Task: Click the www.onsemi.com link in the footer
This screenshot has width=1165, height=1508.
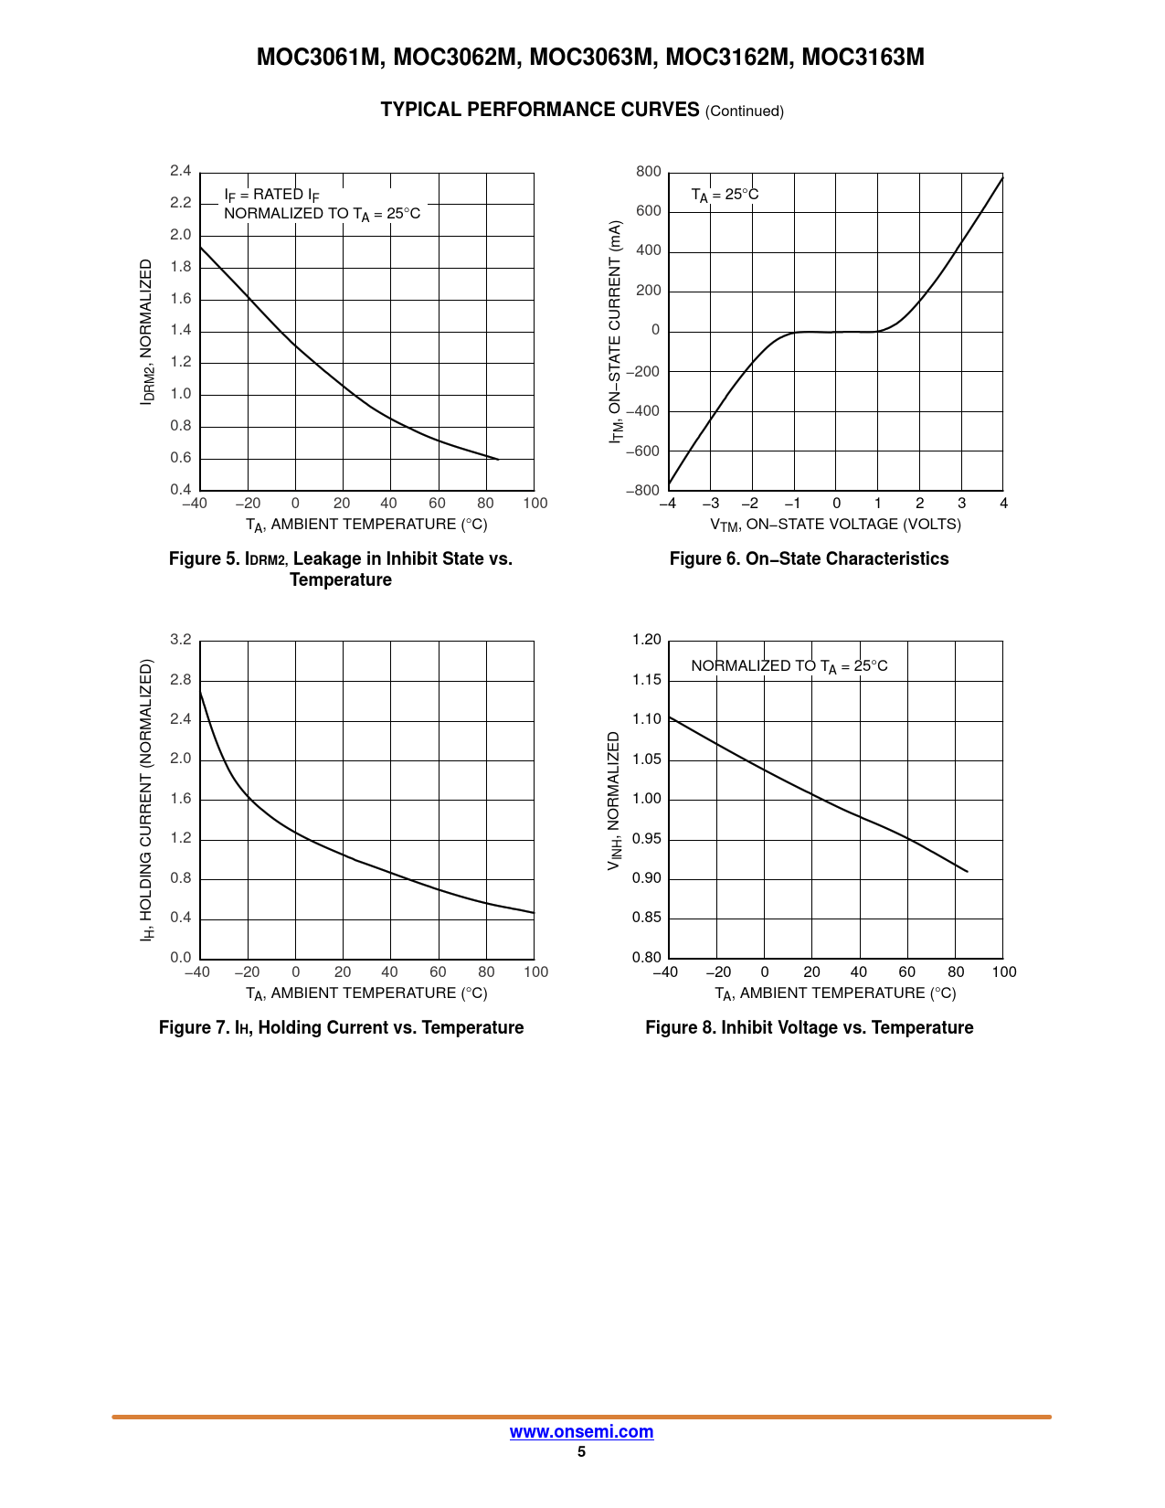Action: click(x=581, y=1432)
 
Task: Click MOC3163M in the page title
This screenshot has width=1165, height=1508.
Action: click(x=863, y=58)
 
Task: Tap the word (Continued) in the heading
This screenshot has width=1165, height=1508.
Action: click(x=745, y=112)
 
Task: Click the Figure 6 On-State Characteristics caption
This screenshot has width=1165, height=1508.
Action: click(x=809, y=559)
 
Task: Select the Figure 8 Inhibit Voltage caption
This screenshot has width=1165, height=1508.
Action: click(x=809, y=1028)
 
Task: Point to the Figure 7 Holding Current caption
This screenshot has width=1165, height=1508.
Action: click(x=341, y=1028)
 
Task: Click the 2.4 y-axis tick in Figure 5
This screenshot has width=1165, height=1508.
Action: click(x=181, y=171)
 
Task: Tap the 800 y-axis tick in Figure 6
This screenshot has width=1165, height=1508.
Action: click(x=649, y=172)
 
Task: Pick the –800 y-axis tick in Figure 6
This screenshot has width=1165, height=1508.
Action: click(x=643, y=491)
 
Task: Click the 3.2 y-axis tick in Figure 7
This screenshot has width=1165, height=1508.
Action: click(x=181, y=640)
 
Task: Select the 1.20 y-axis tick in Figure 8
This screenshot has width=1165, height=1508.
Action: click(x=647, y=640)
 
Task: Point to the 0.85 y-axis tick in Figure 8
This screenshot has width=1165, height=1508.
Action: click(x=647, y=919)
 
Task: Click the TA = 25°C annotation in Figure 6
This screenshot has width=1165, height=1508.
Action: click(x=725, y=196)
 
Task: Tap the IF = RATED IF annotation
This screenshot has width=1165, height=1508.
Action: click(x=271, y=195)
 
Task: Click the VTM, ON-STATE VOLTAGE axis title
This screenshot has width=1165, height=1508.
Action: click(x=835, y=526)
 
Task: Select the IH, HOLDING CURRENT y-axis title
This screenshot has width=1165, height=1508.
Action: click(x=146, y=800)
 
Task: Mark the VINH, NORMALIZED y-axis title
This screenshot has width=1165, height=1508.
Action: click(x=614, y=800)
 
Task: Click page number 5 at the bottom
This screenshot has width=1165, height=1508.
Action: click(x=581, y=1452)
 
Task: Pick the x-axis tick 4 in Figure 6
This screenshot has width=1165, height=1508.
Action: click(x=1003, y=504)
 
